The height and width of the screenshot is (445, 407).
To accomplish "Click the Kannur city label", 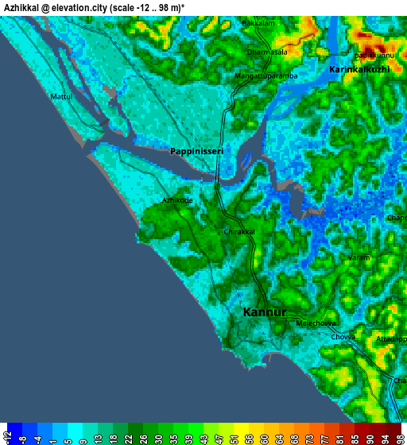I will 265,312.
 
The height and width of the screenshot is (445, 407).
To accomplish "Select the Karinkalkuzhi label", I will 359,70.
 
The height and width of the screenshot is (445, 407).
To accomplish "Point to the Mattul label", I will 61,96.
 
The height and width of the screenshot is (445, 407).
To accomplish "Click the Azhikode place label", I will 177,201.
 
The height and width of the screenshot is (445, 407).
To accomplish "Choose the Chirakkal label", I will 238,232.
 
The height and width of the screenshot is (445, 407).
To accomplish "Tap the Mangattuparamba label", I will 266,76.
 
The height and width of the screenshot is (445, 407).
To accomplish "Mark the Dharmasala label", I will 267,52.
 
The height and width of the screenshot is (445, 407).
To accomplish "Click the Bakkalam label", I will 258,23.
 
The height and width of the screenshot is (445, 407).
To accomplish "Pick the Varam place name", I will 358,258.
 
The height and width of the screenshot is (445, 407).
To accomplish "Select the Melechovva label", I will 316,323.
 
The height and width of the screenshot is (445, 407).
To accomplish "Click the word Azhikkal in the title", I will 26,6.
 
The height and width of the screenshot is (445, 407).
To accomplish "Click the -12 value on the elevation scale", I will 7,437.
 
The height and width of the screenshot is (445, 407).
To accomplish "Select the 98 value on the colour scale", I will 397,437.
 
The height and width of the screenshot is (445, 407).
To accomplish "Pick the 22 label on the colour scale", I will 128,437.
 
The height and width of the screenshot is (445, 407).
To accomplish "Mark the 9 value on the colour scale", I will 83,437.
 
